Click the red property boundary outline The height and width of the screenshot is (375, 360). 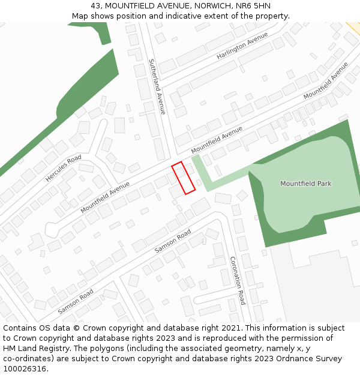184,178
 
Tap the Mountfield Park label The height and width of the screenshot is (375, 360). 306,184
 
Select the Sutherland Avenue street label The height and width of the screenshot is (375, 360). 157,86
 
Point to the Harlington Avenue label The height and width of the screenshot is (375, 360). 242,46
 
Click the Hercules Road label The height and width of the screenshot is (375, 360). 63,169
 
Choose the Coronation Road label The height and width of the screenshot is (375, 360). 238,280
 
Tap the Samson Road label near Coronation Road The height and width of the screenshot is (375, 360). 173,241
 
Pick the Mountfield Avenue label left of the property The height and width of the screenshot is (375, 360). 105,197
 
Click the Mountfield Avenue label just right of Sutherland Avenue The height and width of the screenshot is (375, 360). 217,139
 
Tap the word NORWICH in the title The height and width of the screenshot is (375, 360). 215,6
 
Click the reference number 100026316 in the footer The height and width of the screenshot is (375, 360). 25,369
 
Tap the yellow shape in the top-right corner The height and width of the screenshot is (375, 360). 354,27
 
